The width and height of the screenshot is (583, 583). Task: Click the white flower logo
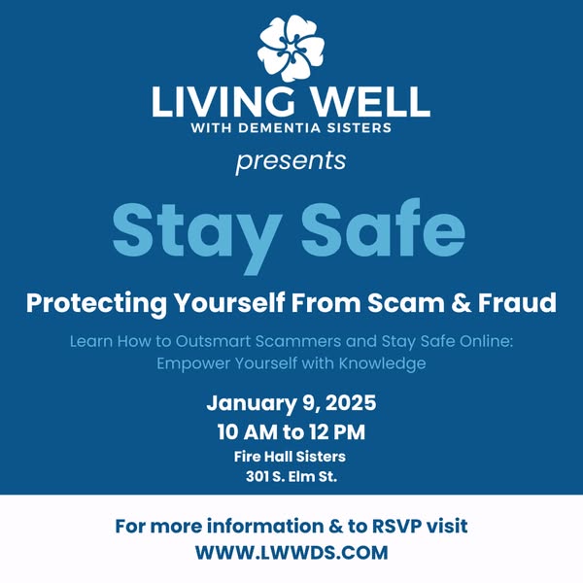pyautogui.click(x=291, y=48)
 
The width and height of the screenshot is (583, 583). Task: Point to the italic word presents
pyautogui.click(x=291, y=162)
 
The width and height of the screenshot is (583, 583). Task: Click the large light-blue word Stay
pyautogui.click(x=197, y=233)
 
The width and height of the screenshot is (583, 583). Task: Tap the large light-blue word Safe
pyautogui.click(x=384, y=228)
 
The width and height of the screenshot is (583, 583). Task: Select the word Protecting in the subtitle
pyautogui.click(x=96, y=304)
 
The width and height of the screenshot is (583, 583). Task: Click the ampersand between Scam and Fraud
pyautogui.click(x=461, y=303)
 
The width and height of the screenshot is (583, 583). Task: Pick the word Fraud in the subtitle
pyautogui.click(x=517, y=302)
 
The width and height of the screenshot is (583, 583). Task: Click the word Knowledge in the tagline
pyautogui.click(x=382, y=363)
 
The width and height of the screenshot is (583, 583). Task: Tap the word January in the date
pyautogui.click(x=252, y=403)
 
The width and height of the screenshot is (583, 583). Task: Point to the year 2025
pyautogui.click(x=352, y=403)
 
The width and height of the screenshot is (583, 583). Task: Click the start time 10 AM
pyautogui.click(x=248, y=432)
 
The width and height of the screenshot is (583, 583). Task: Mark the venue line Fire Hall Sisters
pyautogui.click(x=290, y=457)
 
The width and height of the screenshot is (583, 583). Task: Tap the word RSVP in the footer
pyautogui.click(x=396, y=527)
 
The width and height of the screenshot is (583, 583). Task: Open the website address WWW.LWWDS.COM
pyautogui.click(x=291, y=553)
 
